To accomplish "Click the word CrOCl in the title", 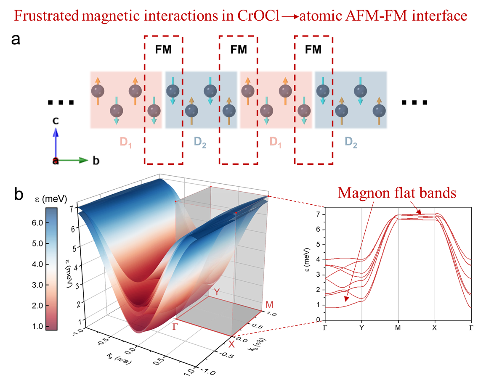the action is click(x=259, y=16).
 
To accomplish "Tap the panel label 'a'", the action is click(x=16, y=40).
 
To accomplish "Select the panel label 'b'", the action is click(x=19, y=194).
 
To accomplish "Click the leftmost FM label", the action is click(x=163, y=50).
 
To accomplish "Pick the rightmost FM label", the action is click(x=313, y=50).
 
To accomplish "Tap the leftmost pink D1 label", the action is click(x=125, y=142).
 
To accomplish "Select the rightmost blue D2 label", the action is click(x=351, y=142).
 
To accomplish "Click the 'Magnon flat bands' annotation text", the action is click(x=397, y=193).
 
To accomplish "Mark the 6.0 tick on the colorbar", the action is click(x=37, y=223).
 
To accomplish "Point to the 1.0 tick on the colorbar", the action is click(x=37, y=327).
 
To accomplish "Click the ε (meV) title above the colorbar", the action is click(x=51, y=199).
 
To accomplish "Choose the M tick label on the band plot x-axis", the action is click(x=398, y=328).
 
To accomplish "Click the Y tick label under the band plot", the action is click(x=362, y=328).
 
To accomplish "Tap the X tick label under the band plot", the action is click(x=434, y=328).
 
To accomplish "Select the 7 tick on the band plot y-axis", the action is click(x=318, y=214).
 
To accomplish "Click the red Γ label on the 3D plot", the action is click(x=175, y=327).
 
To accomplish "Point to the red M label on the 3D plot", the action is click(x=270, y=305).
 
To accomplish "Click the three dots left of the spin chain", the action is click(x=61, y=102).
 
